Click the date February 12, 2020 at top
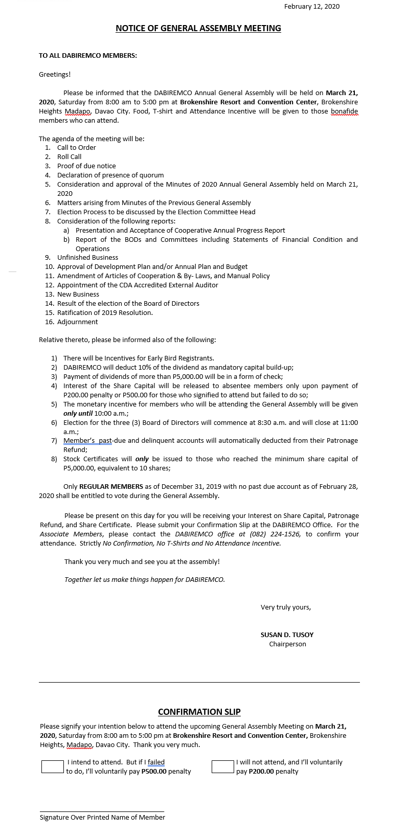[312, 6]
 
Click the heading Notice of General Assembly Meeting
[198, 28]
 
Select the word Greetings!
[55, 75]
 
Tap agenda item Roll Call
[69, 157]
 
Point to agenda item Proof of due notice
[86, 166]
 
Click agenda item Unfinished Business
[87, 258]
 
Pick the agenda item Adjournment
[77, 322]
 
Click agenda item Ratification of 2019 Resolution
[105, 313]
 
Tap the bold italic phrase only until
[78, 413]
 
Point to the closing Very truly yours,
[286, 607]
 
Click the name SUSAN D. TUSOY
[287, 635]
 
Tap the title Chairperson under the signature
[288, 644]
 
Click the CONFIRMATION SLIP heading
[199, 712]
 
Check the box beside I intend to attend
[52, 766]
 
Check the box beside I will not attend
[222, 766]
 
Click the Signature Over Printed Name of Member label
[102, 818]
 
